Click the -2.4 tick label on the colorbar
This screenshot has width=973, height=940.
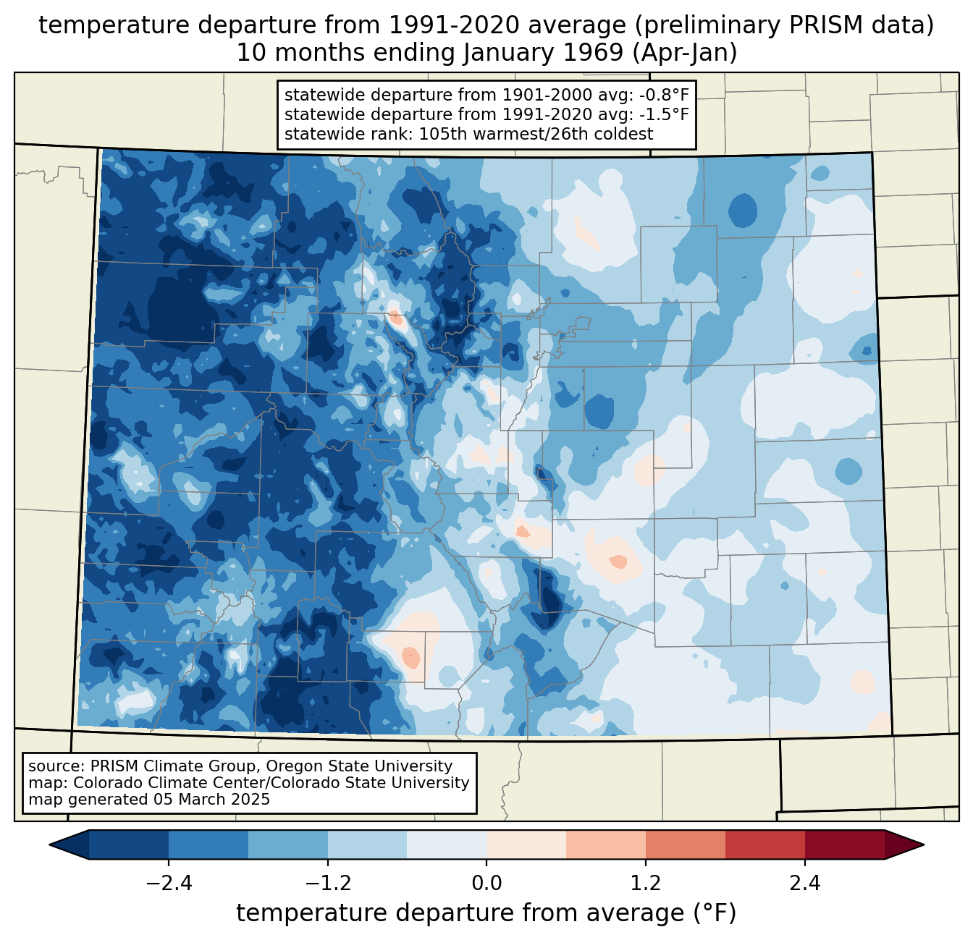[x=169, y=884]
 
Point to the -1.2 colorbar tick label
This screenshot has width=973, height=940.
[x=328, y=884]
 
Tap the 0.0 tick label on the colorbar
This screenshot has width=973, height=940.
[x=486, y=884]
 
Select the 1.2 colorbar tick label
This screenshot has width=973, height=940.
[x=646, y=884]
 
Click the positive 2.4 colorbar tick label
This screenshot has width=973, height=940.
[x=804, y=884]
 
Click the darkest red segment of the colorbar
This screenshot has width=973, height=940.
[x=844, y=844]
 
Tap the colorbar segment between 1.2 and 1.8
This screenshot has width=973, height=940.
[x=685, y=844]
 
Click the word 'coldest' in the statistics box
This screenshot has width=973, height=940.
[x=625, y=134]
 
